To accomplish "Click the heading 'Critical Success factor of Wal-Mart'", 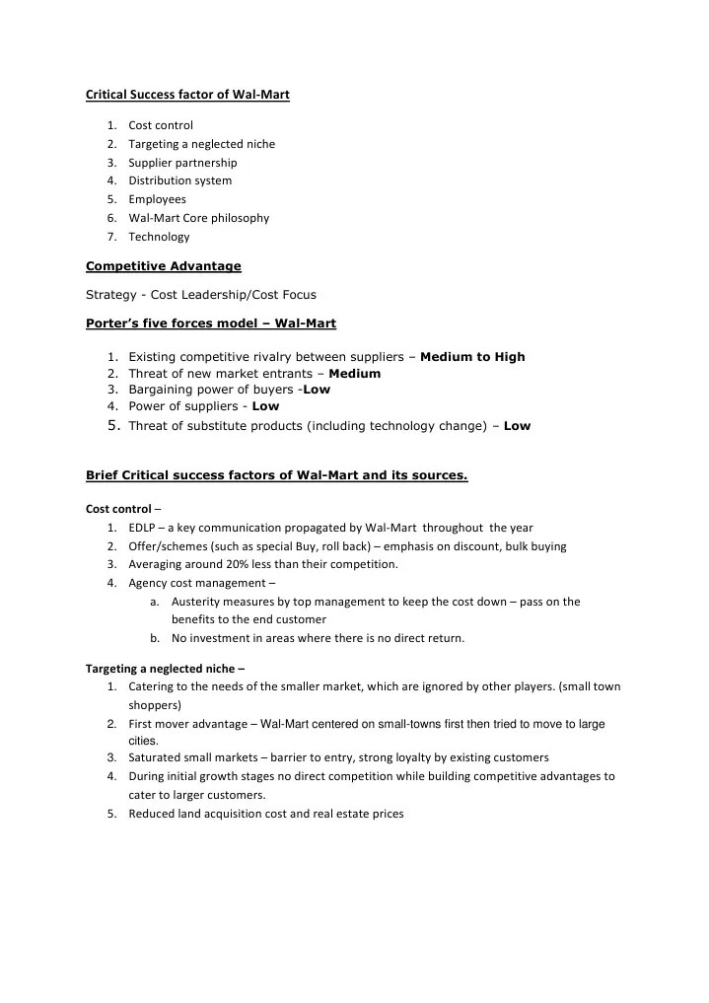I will pyautogui.click(x=187, y=95).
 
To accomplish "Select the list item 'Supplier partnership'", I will pyautogui.click(x=182, y=162).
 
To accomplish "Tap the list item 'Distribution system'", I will pyautogui.click(x=179, y=180).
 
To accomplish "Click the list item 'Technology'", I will pyautogui.click(x=159, y=237).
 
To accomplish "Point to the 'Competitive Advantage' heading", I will pyautogui.click(x=164, y=265).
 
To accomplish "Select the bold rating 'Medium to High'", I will pyautogui.click(x=472, y=357).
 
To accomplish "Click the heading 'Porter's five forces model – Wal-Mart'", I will pyautogui.click(x=211, y=323).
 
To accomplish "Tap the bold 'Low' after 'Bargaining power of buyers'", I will pyautogui.click(x=317, y=390).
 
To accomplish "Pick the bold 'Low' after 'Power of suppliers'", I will pyautogui.click(x=265, y=406).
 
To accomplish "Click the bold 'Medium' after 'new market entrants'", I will pyautogui.click(x=354, y=374).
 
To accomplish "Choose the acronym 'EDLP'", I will pyautogui.click(x=142, y=528).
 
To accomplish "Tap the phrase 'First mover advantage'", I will pyautogui.click(x=187, y=723).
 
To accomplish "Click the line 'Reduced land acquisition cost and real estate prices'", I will pyautogui.click(x=265, y=814).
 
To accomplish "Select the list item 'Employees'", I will pyautogui.click(x=157, y=199).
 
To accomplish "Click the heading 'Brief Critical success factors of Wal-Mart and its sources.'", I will pyautogui.click(x=277, y=476).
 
